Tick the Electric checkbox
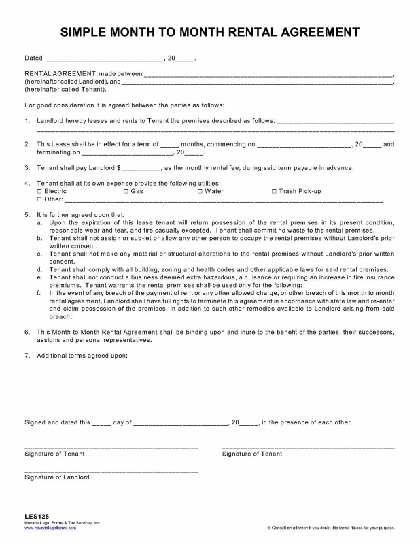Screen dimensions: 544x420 tap(39, 192)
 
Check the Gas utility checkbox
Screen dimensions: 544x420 tap(126, 192)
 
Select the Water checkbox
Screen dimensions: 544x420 tap(200, 192)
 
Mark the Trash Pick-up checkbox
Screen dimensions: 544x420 tap(274, 192)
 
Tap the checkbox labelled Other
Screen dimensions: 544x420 tap(39, 200)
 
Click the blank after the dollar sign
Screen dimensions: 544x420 tap(141, 167)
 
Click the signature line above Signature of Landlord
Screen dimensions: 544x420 tap(111, 471)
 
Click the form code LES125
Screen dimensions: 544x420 tap(35, 516)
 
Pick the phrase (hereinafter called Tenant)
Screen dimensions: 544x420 tap(65, 89)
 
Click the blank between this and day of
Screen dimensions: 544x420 tap(101, 422)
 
